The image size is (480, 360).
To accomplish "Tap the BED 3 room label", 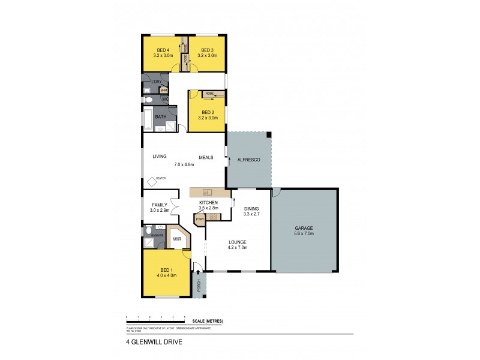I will click(x=208, y=50).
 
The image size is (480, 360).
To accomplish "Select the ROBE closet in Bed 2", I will click(x=209, y=94).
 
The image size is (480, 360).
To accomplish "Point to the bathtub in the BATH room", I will click(x=148, y=120).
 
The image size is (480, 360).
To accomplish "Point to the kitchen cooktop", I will click(x=212, y=216).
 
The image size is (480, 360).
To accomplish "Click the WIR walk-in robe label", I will click(x=177, y=239).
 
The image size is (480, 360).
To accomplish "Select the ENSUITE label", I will click(x=157, y=235).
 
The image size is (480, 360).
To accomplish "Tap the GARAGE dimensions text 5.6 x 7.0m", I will click(x=304, y=233).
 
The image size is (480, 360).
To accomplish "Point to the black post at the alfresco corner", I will click(x=269, y=134).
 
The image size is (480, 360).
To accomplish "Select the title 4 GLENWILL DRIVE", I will click(x=151, y=344).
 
